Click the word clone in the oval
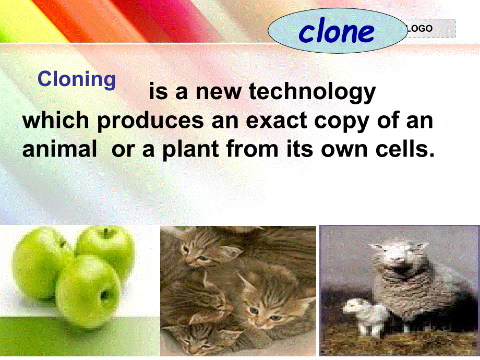(x=337, y=31)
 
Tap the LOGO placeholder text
(x=420, y=29)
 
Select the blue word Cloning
(x=77, y=80)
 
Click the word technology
(x=313, y=91)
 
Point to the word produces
(x=150, y=121)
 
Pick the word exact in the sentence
(x=277, y=121)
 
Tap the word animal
(x=59, y=149)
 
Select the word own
(x=344, y=151)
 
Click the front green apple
(x=88, y=292)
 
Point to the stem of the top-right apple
(x=106, y=233)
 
